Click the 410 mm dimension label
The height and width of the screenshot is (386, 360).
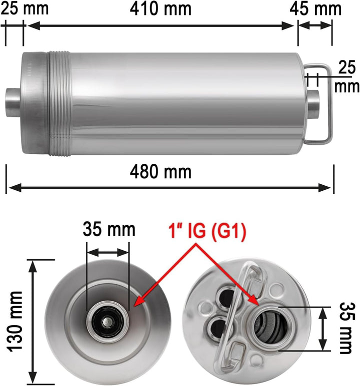160,9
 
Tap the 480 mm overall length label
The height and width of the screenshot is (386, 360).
160,172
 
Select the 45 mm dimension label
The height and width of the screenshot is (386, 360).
315,9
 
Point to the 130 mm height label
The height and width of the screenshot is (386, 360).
15,322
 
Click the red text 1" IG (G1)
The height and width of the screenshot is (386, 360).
207,231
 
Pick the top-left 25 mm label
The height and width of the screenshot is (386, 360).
24,8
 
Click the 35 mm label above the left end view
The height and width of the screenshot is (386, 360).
109,229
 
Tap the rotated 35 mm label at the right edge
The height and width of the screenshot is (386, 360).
347,328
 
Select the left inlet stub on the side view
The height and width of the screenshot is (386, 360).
13,103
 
